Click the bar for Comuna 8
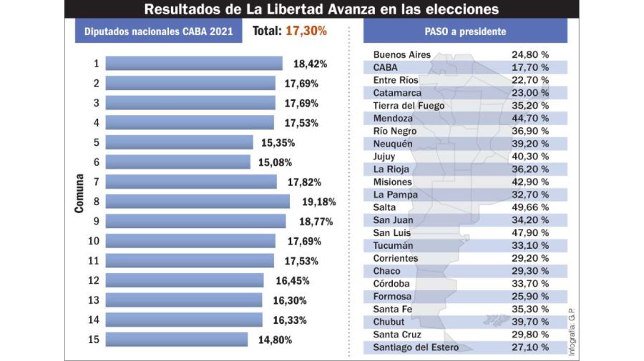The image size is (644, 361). (197, 202)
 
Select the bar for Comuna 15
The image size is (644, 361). (176, 340)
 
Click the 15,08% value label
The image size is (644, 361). (275, 162)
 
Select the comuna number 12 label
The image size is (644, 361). (94, 280)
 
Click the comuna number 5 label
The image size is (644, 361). (96, 142)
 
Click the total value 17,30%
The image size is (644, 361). (306, 31)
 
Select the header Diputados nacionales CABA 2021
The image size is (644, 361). (158, 32)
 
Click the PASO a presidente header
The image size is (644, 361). (464, 31)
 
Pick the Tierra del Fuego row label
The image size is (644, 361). (409, 106)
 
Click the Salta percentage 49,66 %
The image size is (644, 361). (530, 207)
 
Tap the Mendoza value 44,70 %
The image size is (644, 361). (530, 118)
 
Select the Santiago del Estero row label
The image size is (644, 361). (416, 347)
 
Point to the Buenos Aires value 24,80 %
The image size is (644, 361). (530, 54)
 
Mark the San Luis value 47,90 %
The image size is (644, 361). (530, 232)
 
